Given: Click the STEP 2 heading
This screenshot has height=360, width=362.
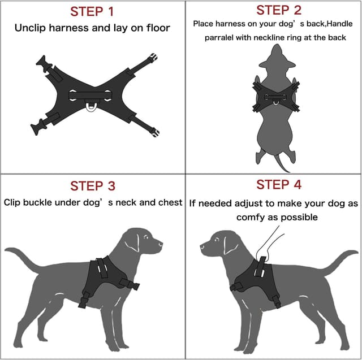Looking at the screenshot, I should coord(279,10).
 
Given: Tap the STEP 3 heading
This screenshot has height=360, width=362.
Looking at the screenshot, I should coord(93,185).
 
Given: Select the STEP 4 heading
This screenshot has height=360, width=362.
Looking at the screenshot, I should coord(279,184).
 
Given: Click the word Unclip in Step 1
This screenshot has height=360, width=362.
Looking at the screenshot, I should coord(31,27).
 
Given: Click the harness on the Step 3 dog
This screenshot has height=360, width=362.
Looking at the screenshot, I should coord(105,277).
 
